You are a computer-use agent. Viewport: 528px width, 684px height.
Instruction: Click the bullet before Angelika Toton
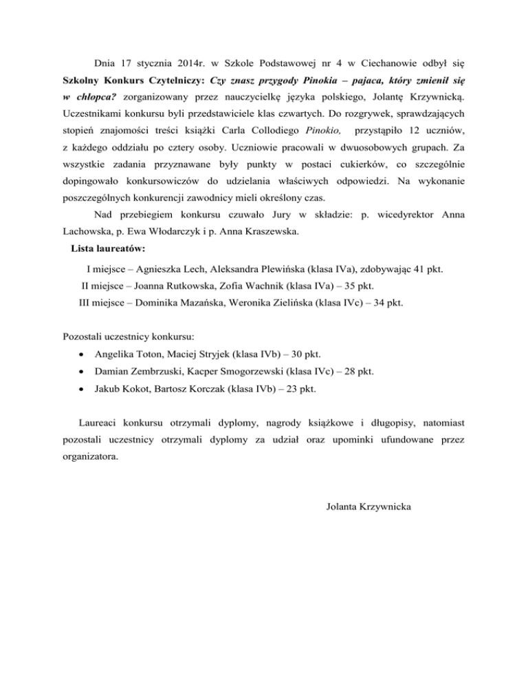[82, 355]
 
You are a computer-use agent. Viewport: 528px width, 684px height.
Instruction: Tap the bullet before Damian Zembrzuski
[82, 372]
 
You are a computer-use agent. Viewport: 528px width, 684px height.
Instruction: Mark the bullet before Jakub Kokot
[82, 389]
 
